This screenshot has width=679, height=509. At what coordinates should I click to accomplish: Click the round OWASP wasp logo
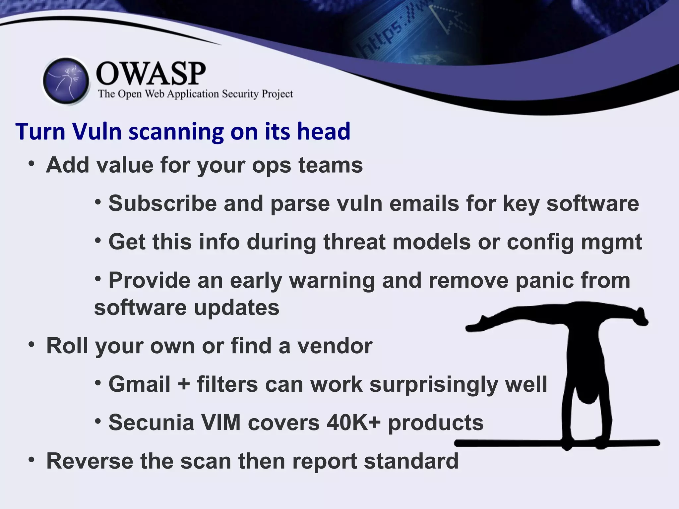pos(66,81)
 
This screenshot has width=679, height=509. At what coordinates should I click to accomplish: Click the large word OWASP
pos(151,74)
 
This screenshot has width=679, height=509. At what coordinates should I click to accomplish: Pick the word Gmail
pos(140,384)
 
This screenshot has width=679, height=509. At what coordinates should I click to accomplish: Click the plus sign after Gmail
pos(184,385)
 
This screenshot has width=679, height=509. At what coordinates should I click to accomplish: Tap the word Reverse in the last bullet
pos(90,461)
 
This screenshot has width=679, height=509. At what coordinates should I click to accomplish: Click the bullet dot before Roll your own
pos(31,345)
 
